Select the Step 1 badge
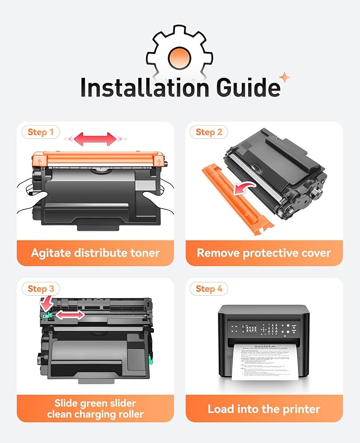click(40, 132)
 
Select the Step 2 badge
click(209, 132)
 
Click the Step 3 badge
click(40, 288)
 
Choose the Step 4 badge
click(209, 288)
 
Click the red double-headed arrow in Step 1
click(95, 139)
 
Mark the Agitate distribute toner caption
click(95, 253)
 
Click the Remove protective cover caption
click(264, 253)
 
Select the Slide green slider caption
click(95, 409)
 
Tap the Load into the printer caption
click(264, 409)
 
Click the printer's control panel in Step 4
click(264, 329)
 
